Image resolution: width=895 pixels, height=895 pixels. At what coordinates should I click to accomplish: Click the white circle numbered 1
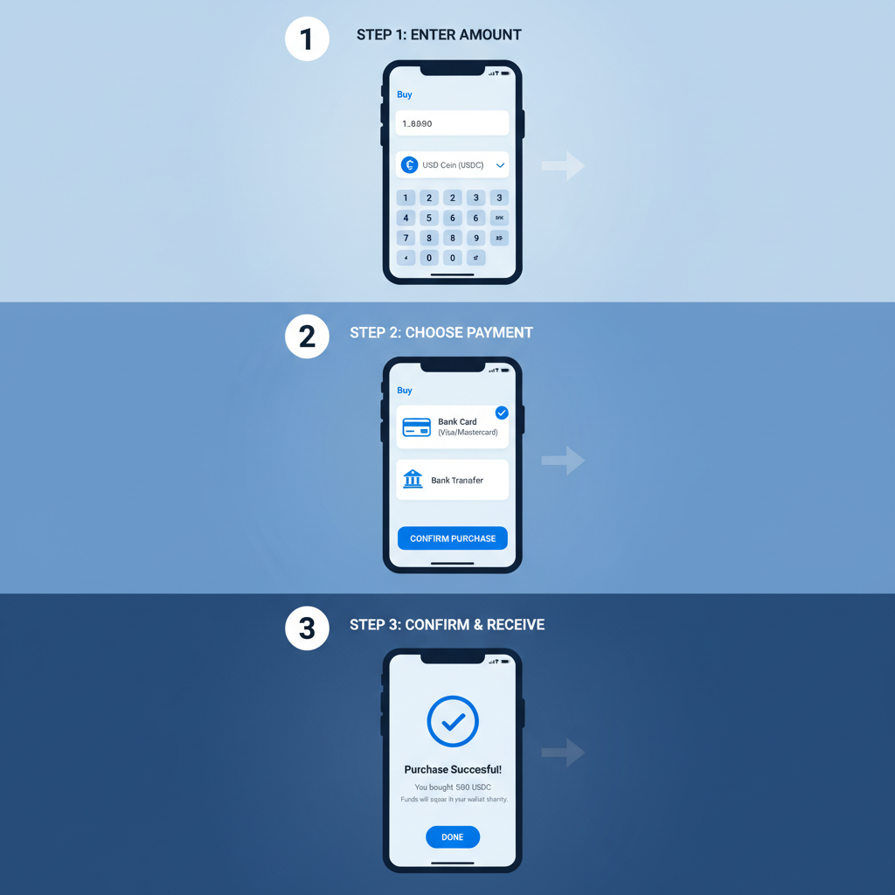point(307,39)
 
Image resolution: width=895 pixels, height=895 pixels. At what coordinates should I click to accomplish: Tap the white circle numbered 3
point(307,628)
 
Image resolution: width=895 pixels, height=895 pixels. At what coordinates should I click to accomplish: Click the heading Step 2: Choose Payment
point(441,332)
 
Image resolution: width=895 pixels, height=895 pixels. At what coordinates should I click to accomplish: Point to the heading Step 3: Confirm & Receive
point(447,624)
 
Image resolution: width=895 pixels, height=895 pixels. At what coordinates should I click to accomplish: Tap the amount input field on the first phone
point(452,123)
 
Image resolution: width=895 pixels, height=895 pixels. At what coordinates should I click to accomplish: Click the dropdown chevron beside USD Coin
point(500,165)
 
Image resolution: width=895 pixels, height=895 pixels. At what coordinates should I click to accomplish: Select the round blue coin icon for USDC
point(409,164)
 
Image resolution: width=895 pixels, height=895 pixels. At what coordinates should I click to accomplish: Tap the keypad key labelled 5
point(428,218)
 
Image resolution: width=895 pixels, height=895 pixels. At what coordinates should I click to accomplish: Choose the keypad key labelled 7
point(406,238)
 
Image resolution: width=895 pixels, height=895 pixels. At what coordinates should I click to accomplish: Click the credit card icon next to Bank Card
point(416,427)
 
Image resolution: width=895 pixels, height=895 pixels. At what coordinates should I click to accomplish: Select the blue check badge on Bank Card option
point(502,413)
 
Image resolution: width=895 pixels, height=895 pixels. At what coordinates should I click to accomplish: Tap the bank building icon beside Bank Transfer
point(413,479)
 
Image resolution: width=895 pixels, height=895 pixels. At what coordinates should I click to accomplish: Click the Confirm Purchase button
point(452,538)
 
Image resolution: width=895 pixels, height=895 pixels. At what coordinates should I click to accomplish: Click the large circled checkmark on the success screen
point(453,722)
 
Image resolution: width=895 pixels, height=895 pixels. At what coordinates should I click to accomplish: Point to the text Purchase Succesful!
point(453,769)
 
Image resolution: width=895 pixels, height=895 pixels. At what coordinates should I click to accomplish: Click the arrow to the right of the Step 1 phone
point(563,164)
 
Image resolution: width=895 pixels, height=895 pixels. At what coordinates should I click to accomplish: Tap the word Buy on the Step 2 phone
point(405,391)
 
